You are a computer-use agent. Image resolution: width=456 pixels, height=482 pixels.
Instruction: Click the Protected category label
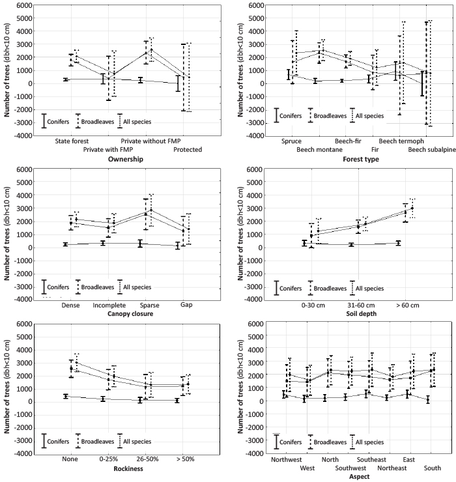pyautogui.click(x=188, y=149)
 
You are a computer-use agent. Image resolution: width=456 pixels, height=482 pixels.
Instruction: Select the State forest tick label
pyautogui.click(x=72, y=141)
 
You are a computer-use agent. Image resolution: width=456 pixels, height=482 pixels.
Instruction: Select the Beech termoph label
pyautogui.click(x=401, y=141)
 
